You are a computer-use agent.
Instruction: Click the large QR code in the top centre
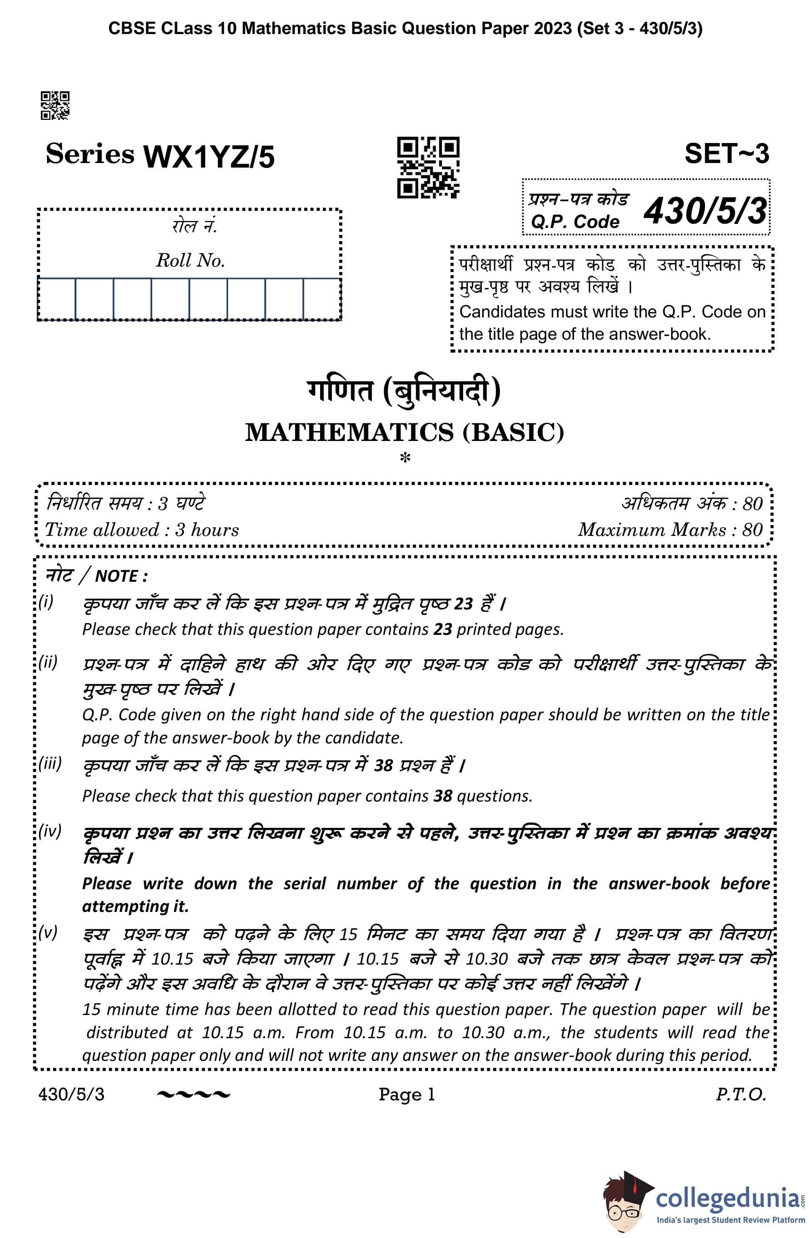pos(428,168)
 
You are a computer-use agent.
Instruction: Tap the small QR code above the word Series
pos(55,106)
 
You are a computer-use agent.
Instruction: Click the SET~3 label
pos(726,154)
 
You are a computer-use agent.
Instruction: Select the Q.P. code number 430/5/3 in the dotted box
pos(705,211)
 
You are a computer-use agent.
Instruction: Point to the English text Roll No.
pos(190,260)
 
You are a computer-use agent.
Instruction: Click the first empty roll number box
pos(57,298)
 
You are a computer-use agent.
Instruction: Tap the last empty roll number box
pos(322,298)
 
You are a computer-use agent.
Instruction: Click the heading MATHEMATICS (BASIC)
pos(405,432)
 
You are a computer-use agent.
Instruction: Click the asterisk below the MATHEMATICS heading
pos(405,458)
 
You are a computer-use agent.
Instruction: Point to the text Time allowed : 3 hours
pos(142,530)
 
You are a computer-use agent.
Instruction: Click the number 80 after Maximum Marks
pos(752,530)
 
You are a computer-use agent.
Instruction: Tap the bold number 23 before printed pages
pos(443,629)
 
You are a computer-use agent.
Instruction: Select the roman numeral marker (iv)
pos(50,831)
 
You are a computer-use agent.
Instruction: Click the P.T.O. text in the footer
pos(741,1094)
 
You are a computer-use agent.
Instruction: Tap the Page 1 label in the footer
pos(406,1094)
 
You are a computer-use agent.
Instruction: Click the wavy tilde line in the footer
pos(193,1095)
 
